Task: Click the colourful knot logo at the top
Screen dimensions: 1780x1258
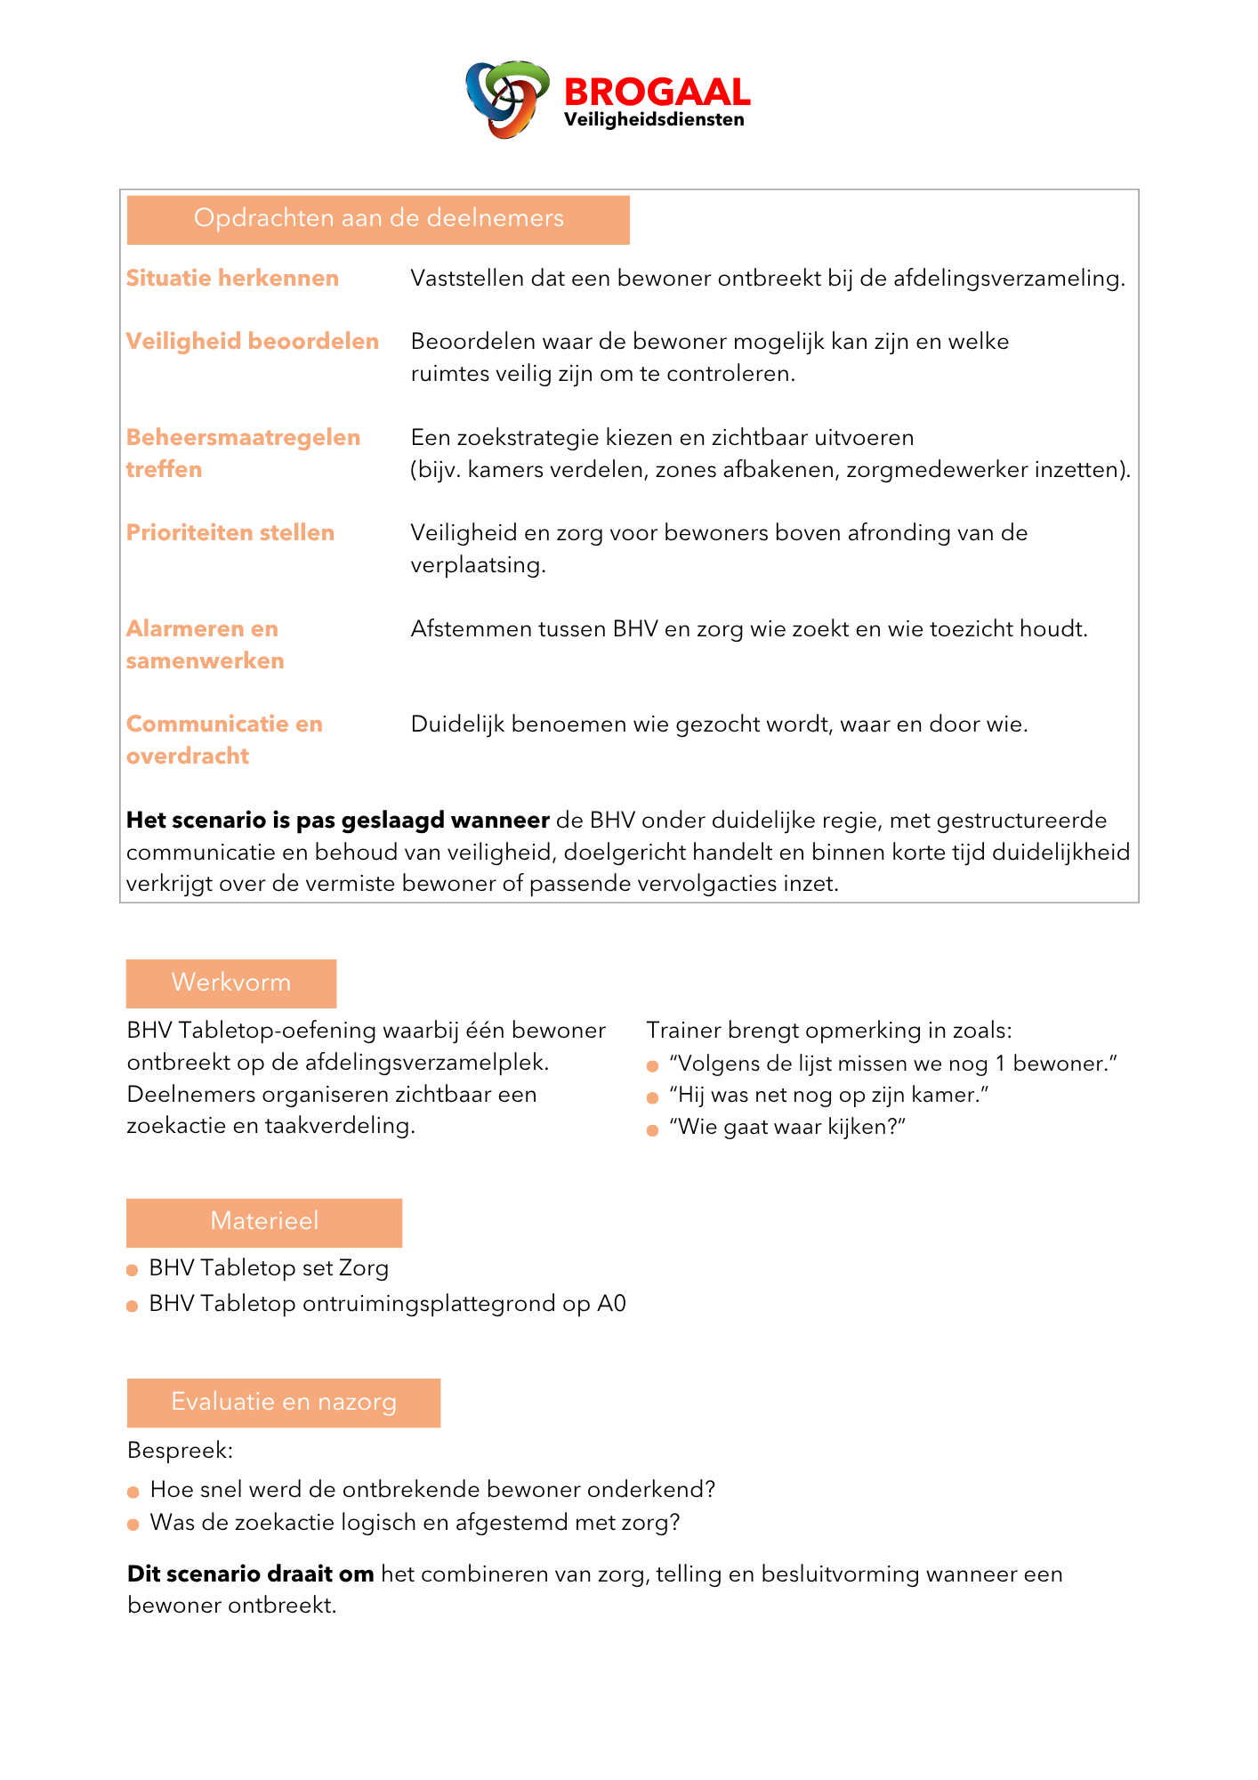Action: pyautogui.click(x=506, y=99)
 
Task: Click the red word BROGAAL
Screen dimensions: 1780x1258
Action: pyautogui.click(x=657, y=93)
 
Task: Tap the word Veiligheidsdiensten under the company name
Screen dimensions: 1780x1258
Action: pyautogui.click(x=654, y=120)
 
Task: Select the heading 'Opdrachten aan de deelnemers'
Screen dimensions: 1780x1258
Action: pyautogui.click(x=378, y=219)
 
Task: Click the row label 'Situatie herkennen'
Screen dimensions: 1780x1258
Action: pyautogui.click(x=232, y=279)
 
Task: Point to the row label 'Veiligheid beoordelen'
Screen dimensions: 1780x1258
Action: pyautogui.click(x=253, y=342)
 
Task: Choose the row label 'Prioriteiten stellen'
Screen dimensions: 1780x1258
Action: pyautogui.click(x=230, y=533)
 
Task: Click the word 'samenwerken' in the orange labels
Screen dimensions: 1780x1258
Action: pyautogui.click(x=206, y=661)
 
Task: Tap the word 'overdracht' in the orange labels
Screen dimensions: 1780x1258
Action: pyautogui.click(x=188, y=756)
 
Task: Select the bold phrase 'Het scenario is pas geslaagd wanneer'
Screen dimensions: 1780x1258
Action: pyautogui.click(x=338, y=821)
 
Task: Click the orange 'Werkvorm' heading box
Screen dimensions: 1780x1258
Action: pyautogui.click(x=231, y=983)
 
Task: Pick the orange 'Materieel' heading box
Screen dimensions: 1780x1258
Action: pyautogui.click(x=264, y=1221)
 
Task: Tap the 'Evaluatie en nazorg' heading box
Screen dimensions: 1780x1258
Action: pyautogui.click(x=284, y=1402)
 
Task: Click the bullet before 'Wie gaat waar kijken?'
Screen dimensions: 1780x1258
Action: pyautogui.click(x=652, y=1129)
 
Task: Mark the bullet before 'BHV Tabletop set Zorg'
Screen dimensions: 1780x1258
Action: pyautogui.click(x=133, y=1270)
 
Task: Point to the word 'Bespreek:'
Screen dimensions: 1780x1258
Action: pyautogui.click(x=180, y=1451)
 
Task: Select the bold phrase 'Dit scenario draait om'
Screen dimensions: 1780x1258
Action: pyautogui.click(x=250, y=1574)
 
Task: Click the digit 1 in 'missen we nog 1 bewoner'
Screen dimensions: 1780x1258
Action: pyautogui.click(x=1001, y=1064)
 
